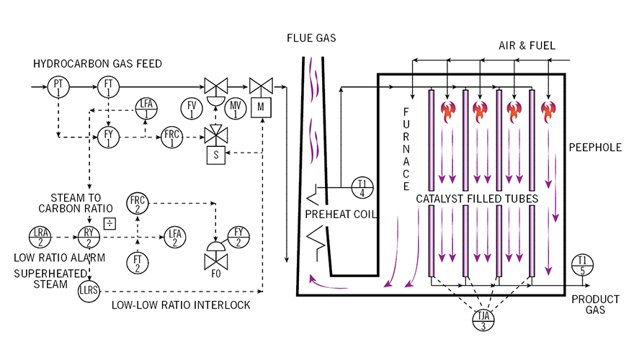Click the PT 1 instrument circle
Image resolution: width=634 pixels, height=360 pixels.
click(x=58, y=87)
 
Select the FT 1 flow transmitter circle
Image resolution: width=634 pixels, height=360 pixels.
click(x=108, y=87)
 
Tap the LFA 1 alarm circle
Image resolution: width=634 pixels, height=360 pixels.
click(x=146, y=110)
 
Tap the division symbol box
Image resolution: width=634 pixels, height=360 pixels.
click(x=110, y=222)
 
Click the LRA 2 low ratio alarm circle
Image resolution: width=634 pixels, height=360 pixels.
click(x=39, y=236)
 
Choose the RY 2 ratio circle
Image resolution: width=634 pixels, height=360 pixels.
click(x=89, y=236)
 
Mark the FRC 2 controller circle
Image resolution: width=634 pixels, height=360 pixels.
click(x=137, y=203)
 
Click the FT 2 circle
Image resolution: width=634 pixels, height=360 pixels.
click(x=137, y=264)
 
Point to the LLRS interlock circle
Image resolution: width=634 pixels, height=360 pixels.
click(x=89, y=291)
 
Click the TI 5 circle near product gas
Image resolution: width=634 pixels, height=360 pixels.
click(x=581, y=264)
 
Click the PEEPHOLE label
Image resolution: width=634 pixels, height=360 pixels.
click(x=595, y=147)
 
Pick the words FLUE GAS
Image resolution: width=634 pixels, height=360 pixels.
click(x=311, y=37)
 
